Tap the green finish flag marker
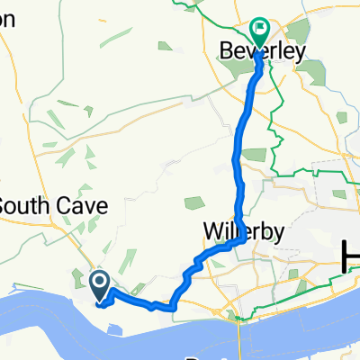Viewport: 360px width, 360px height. (259, 30)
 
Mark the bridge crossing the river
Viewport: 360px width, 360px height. (238, 333)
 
